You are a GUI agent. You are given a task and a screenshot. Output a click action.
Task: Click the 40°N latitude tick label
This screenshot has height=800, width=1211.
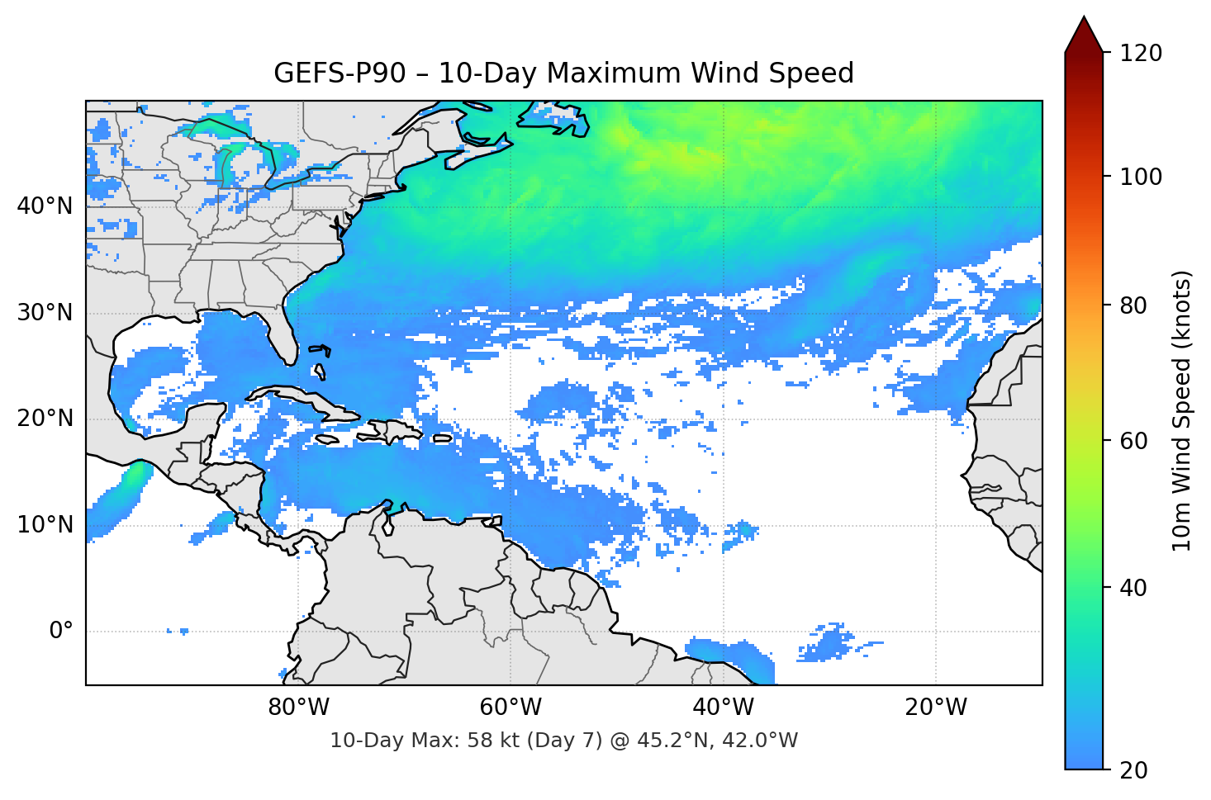pyautogui.click(x=45, y=206)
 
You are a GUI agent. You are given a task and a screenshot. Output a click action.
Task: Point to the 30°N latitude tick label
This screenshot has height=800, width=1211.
pyautogui.click(x=45, y=313)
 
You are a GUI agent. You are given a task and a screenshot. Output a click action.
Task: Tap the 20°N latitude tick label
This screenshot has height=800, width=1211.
pyautogui.click(x=45, y=419)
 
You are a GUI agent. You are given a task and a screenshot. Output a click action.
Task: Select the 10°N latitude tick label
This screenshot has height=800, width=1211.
pyautogui.click(x=45, y=525)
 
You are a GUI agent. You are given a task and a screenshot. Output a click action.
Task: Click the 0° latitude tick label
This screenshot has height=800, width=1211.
pyautogui.click(x=61, y=632)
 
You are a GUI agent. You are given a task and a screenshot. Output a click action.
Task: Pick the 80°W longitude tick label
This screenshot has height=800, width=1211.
pyautogui.click(x=298, y=708)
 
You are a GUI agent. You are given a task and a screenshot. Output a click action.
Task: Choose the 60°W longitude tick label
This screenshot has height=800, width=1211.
pyautogui.click(x=511, y=708)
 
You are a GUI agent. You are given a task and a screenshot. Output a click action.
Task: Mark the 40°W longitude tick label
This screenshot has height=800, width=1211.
pyautogui.click(x=723, y=708)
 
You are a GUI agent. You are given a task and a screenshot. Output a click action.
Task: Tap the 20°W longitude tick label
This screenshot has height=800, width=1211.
pyautogui.click(x=935, y=708)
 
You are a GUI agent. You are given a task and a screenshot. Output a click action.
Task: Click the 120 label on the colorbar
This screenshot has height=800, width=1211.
pyautogui.click(x=1141, y=53)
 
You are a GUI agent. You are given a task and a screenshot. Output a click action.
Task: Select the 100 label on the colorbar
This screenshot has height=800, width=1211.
pyautogui.click(x=1141, y=177)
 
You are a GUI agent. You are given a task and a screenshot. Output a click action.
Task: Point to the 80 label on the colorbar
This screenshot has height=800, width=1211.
pyautogui.click(x=1133, y=305)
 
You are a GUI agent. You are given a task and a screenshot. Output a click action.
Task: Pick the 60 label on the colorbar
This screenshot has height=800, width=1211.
pyautogui.click(x=1133, y=441)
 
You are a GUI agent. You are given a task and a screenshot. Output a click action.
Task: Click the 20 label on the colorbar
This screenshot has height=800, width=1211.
pyautogui.click(x=1133, y=770)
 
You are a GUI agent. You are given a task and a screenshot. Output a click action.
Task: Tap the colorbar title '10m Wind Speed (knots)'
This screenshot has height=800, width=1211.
pyautogui.click(x=1182, y=410)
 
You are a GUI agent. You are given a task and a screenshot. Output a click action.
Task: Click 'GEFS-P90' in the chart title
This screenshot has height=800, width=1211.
pyautogui.click(x=340, y=73)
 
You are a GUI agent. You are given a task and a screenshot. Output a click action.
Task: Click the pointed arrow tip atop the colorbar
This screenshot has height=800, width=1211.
pyautogui.click(x=1084, y=20)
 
